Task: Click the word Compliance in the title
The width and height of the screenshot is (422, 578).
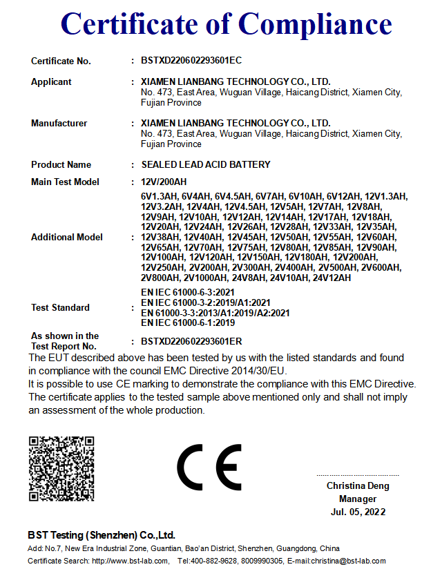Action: click(x=316, y=25)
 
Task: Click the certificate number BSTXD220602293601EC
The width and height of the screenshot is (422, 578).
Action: click(x=191, y=61)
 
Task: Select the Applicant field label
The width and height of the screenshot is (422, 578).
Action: click(x=51, y=81)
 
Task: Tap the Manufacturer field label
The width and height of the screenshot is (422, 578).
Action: click(x=59, y=123)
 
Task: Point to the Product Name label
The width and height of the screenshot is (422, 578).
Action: click(x=61, y=164)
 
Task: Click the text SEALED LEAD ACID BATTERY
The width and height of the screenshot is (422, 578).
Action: click(x=206, y=164)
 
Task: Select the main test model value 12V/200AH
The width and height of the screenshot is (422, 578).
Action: click(x=164, y=182)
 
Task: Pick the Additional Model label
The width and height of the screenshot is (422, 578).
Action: click(x=66, y=237)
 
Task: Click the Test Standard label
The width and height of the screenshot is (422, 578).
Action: click(x=60, y=307)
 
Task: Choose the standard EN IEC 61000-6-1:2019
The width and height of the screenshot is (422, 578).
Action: click(x=188, y=322)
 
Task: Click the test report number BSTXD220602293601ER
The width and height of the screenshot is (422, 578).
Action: click(x=191, y=341)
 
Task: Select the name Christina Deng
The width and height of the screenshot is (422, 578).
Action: click(x=358, y=485)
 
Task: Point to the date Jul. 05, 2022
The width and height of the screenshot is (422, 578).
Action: click(x=358, y=512)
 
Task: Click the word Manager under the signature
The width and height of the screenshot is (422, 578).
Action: click(x=358, y=499)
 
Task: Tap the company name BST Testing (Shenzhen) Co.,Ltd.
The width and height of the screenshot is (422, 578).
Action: click(x=102, y=535)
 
